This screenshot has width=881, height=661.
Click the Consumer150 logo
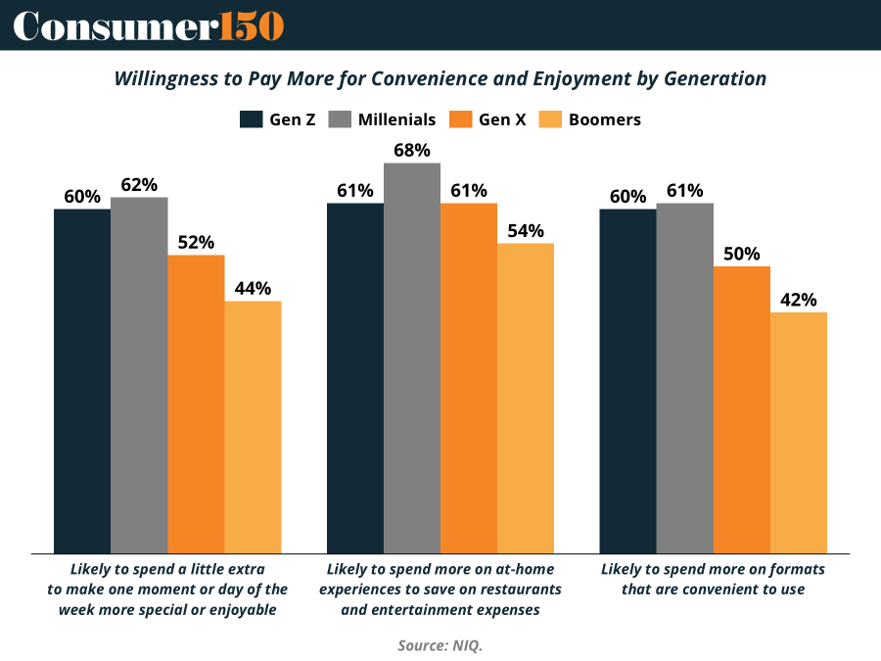tap(148, 25)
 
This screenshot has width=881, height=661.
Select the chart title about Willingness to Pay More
tap(440, 78)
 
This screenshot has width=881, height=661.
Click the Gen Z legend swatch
tap(252, 119)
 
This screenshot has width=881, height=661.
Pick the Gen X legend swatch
tap(461, 119)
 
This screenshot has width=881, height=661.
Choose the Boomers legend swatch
tap(551, 119)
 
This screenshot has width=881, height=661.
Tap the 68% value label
tap(412, 150)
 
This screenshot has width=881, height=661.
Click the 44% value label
tap(253, 288)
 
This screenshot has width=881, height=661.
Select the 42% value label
tap(799, 300)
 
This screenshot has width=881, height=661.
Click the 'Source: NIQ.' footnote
tap(440, 645)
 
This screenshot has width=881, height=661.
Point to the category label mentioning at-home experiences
tap(440, 589)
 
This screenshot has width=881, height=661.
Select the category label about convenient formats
tap(713, 579)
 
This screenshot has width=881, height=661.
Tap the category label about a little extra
tap(167, 589)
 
